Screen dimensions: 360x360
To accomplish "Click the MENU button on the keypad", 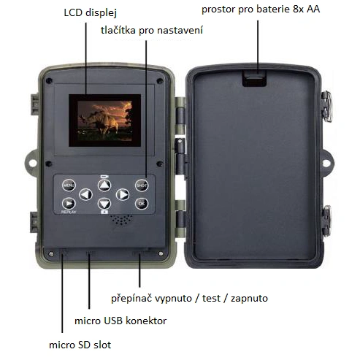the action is click(69, 185).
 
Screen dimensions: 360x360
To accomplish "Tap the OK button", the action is click(142, 203).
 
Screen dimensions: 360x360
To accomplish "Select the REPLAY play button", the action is click(69, 204).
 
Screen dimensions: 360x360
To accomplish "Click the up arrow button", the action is click(104, 185).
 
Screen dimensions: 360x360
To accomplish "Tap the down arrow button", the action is click(104, 204).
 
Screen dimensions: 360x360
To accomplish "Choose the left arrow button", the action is click(86, 194).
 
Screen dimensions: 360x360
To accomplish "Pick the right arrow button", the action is click(123, 194).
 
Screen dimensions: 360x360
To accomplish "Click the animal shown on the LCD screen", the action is click(101, 123).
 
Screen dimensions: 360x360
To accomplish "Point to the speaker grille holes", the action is click(121, 219).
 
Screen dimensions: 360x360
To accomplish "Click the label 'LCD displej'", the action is click(91, 12).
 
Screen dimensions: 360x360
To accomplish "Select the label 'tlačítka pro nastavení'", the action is click(152, 30).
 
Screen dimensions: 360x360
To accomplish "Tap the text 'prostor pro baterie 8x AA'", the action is click(261, 9).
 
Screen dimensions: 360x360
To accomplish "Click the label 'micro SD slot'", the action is click(80, 345).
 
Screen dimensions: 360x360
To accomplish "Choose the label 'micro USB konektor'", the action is click(120, 321).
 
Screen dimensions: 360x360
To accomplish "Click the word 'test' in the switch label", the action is click(211, 298).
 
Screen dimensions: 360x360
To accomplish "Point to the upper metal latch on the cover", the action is click(327, 106).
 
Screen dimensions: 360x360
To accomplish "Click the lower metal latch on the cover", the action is click(327, 221).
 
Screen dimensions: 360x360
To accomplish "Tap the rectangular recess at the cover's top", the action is click(254, 78).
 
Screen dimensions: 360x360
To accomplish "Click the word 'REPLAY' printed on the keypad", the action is click(69, 212).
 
